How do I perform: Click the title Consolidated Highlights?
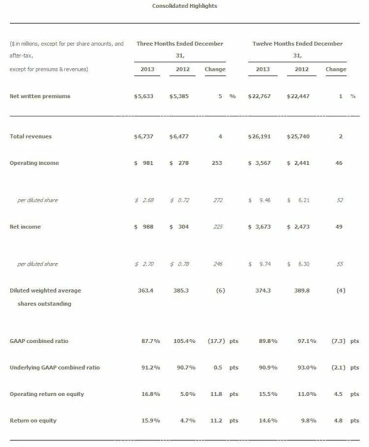tap(184, 6)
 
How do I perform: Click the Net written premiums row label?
tap(40, 96)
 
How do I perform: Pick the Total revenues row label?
tap(31, 137)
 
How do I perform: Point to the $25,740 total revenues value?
tap(298, 137)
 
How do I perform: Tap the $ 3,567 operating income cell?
tap(259, 163)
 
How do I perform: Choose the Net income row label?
tap(25, 227)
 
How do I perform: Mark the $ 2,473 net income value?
tap(298, 227)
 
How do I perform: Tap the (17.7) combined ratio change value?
tap(216, 341)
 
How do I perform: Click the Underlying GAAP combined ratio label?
tap(54, 368)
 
